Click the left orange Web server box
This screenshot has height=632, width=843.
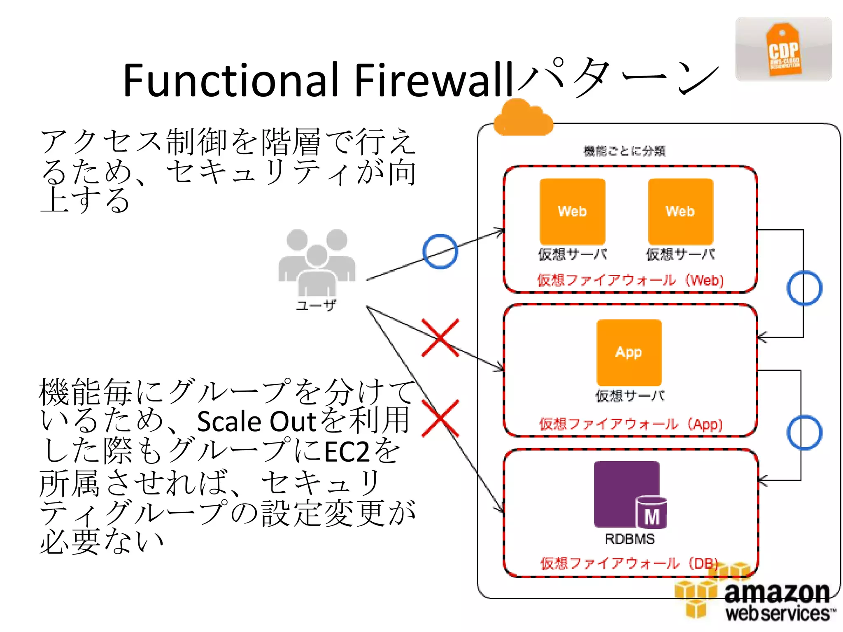coord(572,211)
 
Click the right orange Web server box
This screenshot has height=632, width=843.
coord(680,211)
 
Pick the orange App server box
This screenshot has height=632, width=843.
coord(629,352)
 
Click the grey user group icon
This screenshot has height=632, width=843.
coord(317,262)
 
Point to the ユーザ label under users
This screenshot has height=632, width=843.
coord(316,305)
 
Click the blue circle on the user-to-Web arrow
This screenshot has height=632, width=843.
coord(440,251)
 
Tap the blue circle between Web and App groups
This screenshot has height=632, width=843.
coord(804,288)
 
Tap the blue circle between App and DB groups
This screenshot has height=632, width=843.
coord(804,432)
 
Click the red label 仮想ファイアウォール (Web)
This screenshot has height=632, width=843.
coord(630,281)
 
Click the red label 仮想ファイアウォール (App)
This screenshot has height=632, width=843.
coord(631,424)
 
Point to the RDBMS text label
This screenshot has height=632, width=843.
coord(629,539)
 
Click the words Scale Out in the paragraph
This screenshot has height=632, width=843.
coord(256,421)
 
